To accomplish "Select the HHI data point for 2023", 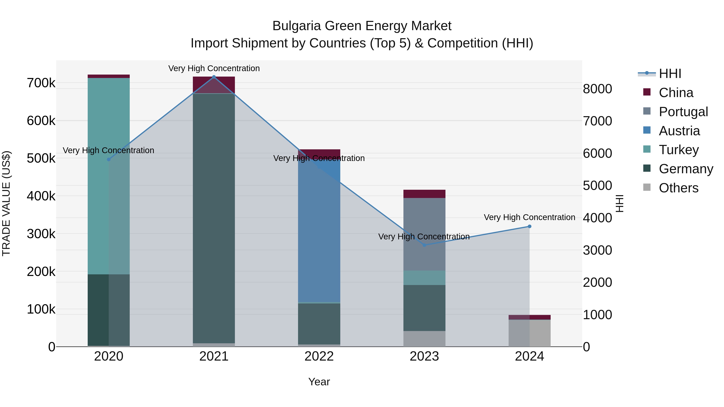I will point(424,245).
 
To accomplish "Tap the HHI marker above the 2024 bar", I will point(530,226).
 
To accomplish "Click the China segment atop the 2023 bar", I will point(424,194).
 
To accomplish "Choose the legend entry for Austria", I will point(679,131).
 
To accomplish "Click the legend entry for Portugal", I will point(683,112).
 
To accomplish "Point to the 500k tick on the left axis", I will point(41,158).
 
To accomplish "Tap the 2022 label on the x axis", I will point(319,356).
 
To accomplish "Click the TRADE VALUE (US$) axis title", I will point(6,203).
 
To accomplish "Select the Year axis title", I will point(319,382).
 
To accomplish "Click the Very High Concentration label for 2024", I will point(530,217).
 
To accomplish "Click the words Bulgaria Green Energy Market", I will point(362,26).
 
